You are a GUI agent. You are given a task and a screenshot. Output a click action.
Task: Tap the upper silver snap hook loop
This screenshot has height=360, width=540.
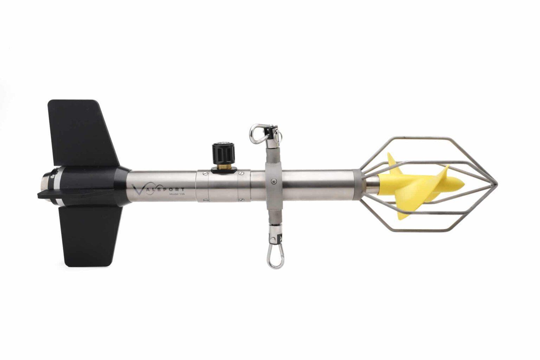[x=257, y=133]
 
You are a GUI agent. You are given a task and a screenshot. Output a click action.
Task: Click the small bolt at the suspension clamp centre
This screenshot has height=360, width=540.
[x=273, y=181]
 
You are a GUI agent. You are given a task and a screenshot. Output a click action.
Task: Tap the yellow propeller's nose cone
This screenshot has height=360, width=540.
[x=457, y=183]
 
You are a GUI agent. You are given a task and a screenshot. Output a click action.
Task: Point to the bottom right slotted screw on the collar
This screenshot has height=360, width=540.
[x=241, y=199]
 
